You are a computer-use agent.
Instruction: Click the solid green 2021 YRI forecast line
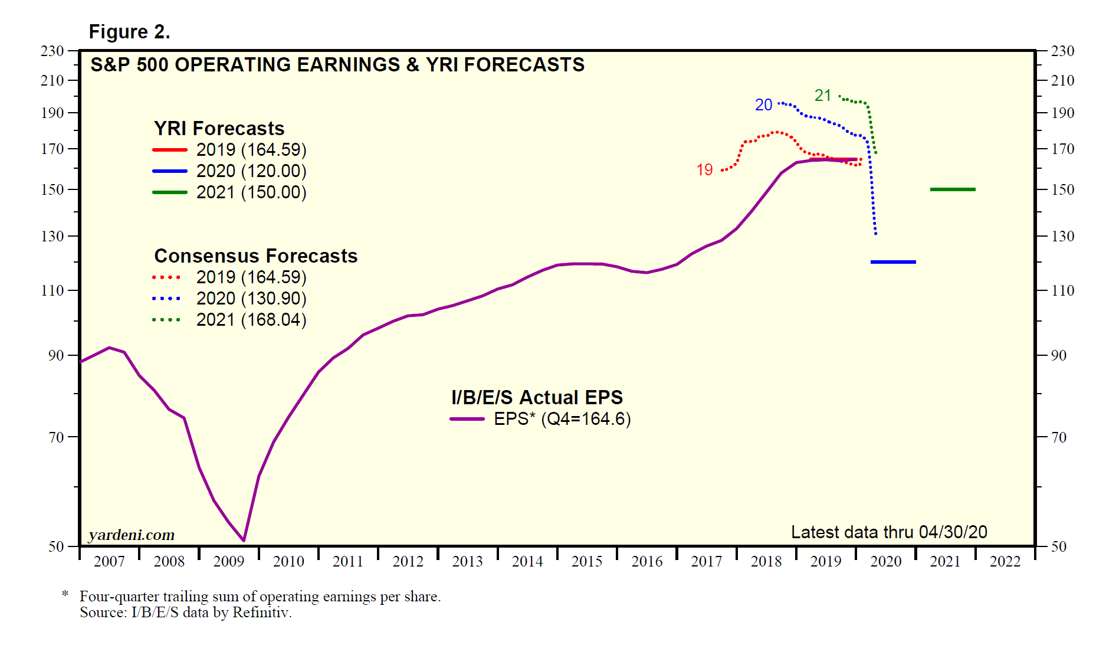952,189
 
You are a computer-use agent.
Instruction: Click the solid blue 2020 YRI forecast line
892,262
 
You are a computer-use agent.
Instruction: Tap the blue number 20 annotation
763,105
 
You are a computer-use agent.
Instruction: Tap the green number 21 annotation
822,96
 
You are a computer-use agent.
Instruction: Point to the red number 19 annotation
704,170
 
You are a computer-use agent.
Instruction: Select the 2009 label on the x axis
228,561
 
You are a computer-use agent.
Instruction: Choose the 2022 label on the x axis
1005,561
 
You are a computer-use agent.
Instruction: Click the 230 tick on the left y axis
52,51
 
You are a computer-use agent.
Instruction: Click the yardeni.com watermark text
132,535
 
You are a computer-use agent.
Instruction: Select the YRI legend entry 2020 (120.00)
251,171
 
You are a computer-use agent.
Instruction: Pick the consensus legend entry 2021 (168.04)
251,320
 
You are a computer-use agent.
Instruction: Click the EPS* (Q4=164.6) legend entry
562,419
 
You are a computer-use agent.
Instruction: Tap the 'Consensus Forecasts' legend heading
255,256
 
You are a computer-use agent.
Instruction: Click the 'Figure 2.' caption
129,32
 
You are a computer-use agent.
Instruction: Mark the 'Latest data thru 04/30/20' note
888,532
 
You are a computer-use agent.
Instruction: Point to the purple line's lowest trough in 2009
244,539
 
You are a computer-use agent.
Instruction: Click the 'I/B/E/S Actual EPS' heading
537,398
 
